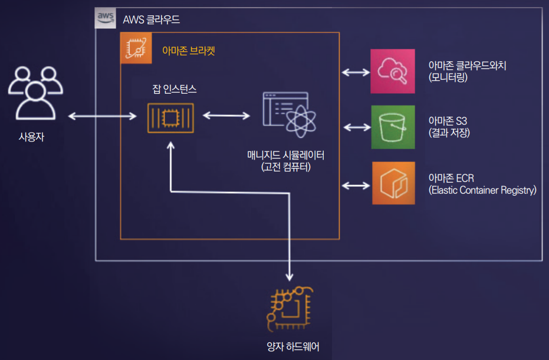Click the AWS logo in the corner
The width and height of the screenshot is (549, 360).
tap(106, 19)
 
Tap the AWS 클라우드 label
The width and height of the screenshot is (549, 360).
tap(152, 19)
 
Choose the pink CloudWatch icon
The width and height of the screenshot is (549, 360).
tap(392, 71)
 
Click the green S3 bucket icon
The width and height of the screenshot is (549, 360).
tap(393, 127)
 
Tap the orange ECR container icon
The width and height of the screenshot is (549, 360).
tap(393, 183)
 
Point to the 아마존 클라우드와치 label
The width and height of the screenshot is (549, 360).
tap(467, 65)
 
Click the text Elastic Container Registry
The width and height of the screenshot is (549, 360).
tap(482, 190)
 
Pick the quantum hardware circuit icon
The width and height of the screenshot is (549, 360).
tap(290, 309)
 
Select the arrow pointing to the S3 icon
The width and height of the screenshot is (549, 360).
tap(356, 127)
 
